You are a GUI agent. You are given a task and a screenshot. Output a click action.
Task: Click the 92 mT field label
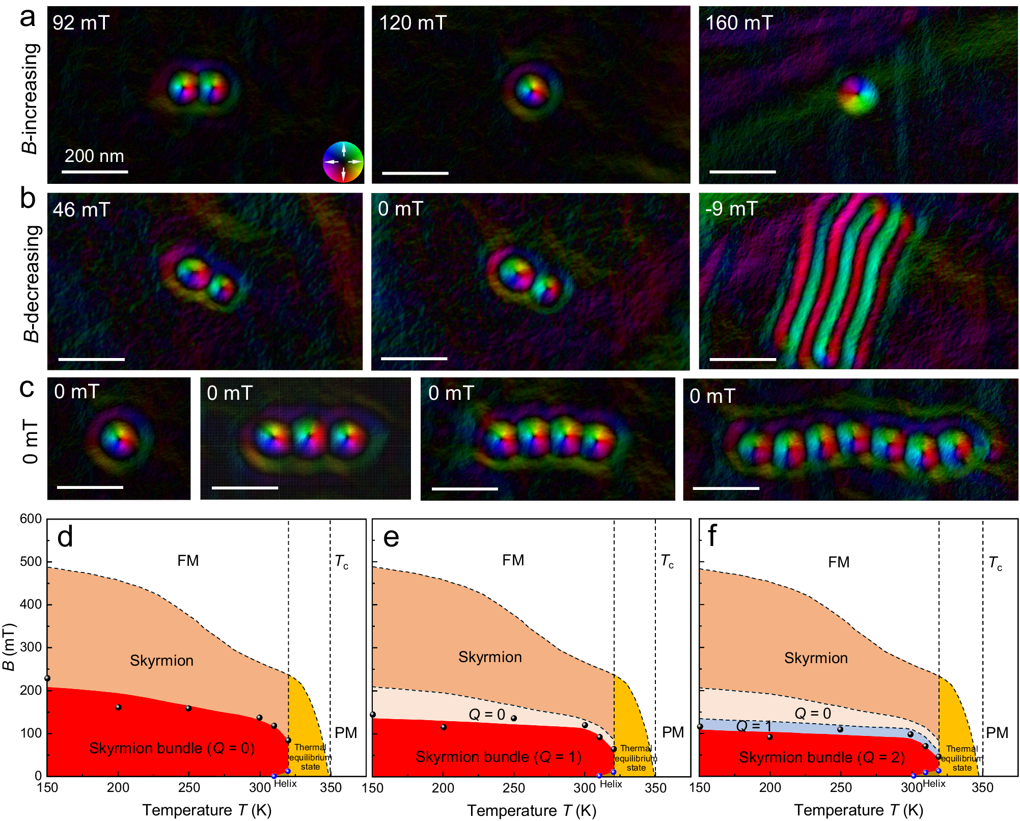tap(81, 23)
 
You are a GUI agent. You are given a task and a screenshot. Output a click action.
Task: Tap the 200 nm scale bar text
tap(94, 156)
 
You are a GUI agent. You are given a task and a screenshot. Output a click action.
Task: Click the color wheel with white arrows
tap(343, 162)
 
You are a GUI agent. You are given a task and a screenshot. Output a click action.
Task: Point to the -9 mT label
tap(731, 209)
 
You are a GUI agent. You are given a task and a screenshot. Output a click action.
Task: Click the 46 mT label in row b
tap(81, 210)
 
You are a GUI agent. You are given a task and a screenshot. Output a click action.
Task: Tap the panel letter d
tap(65, 537)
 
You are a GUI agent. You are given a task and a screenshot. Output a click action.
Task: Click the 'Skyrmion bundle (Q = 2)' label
tap(821, 757)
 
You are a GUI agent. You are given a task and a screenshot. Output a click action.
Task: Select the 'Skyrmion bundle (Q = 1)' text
tap(498, 757)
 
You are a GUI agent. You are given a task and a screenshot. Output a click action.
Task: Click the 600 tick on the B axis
tap(31, 519)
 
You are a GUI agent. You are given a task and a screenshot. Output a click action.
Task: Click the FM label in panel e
tap(513, 560)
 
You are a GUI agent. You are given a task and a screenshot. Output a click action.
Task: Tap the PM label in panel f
tap(997, 733)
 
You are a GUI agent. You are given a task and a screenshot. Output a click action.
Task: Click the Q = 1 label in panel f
tap(754, 726)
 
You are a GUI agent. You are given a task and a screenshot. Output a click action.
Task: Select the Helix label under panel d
tap(285, 783)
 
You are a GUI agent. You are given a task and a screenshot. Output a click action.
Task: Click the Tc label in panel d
tap(342, 562)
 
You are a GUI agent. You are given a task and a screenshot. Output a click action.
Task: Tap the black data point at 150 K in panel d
tap(47, 678)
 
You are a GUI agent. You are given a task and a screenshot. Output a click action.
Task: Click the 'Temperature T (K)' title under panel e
tap(532, 810)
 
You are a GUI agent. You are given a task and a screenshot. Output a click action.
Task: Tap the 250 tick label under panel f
tap(840, 788)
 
